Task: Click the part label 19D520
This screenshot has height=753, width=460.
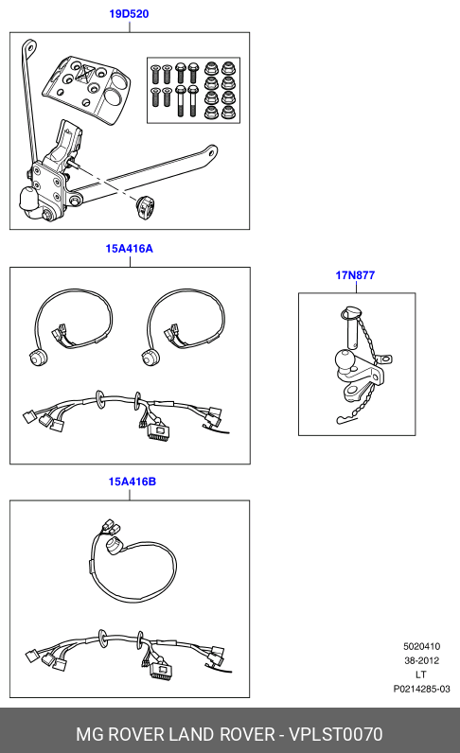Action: click(129, 14)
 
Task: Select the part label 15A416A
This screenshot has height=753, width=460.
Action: click(130, 248)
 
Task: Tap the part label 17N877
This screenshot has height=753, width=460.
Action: click(355, 275)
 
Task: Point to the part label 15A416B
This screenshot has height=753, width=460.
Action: click(133, 482)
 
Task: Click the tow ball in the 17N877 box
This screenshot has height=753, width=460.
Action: click(345, 360)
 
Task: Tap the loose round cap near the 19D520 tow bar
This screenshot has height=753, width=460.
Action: click(145, 207)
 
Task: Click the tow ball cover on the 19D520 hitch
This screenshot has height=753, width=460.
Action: click(29, 201)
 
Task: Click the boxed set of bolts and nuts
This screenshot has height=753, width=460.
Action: click(193, 90)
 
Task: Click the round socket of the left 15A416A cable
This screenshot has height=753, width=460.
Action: click(36, 359)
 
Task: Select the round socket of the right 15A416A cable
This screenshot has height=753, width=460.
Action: click(149, 359)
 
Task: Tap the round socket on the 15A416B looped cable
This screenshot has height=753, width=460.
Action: click(115, 547)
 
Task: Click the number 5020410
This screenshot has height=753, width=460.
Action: click(421, 646)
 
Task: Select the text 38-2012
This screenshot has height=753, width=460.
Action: click(421, 660)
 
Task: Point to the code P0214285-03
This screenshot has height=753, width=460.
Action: click(421, 689)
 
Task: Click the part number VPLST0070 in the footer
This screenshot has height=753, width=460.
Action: click(335, 734)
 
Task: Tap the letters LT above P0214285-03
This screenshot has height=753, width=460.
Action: click(421, 674)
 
